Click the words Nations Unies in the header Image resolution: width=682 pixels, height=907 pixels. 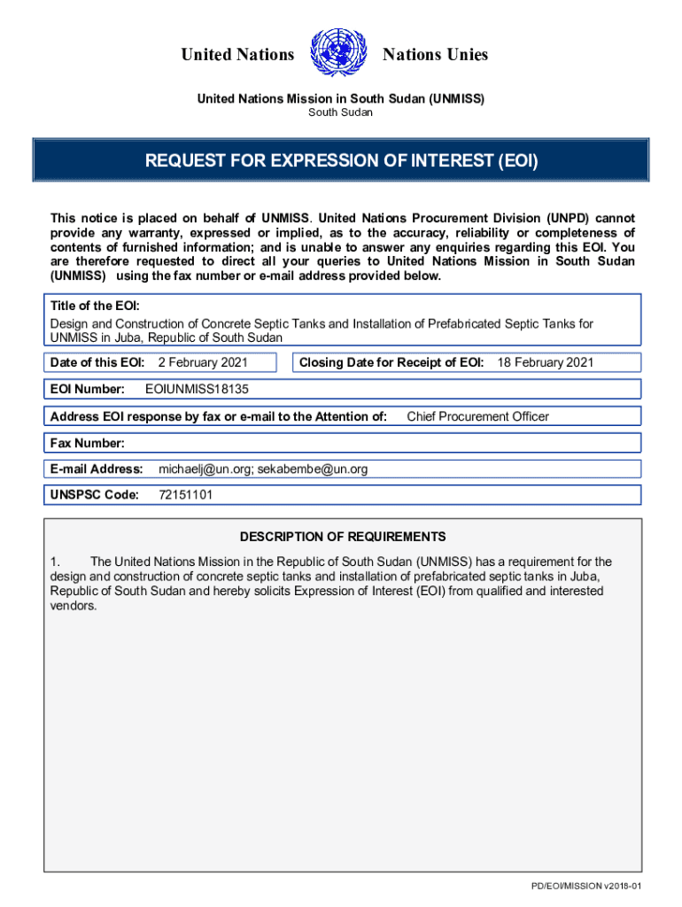point(435,55)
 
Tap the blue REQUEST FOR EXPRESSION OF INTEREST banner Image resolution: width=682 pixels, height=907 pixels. point(341,161)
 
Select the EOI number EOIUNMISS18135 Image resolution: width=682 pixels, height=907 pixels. point(203,389)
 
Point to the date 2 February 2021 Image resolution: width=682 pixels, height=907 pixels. point(203,362)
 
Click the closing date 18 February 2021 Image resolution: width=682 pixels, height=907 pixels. point(545,362)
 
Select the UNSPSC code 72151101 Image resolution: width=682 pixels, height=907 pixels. point(185,495)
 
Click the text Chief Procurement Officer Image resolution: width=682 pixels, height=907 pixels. point(477,416)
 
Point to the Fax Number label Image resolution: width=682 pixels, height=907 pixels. point(88,443)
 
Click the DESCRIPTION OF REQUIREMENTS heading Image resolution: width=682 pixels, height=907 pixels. point(343,537)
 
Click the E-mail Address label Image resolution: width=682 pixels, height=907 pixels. point(97,469)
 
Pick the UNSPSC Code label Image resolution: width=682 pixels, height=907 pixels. point(95,495)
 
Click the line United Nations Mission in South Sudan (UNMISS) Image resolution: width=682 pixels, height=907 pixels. point(340,99)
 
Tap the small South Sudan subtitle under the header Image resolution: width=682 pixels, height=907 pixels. point(340,112)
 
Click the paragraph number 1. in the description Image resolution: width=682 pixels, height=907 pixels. point(55,562)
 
